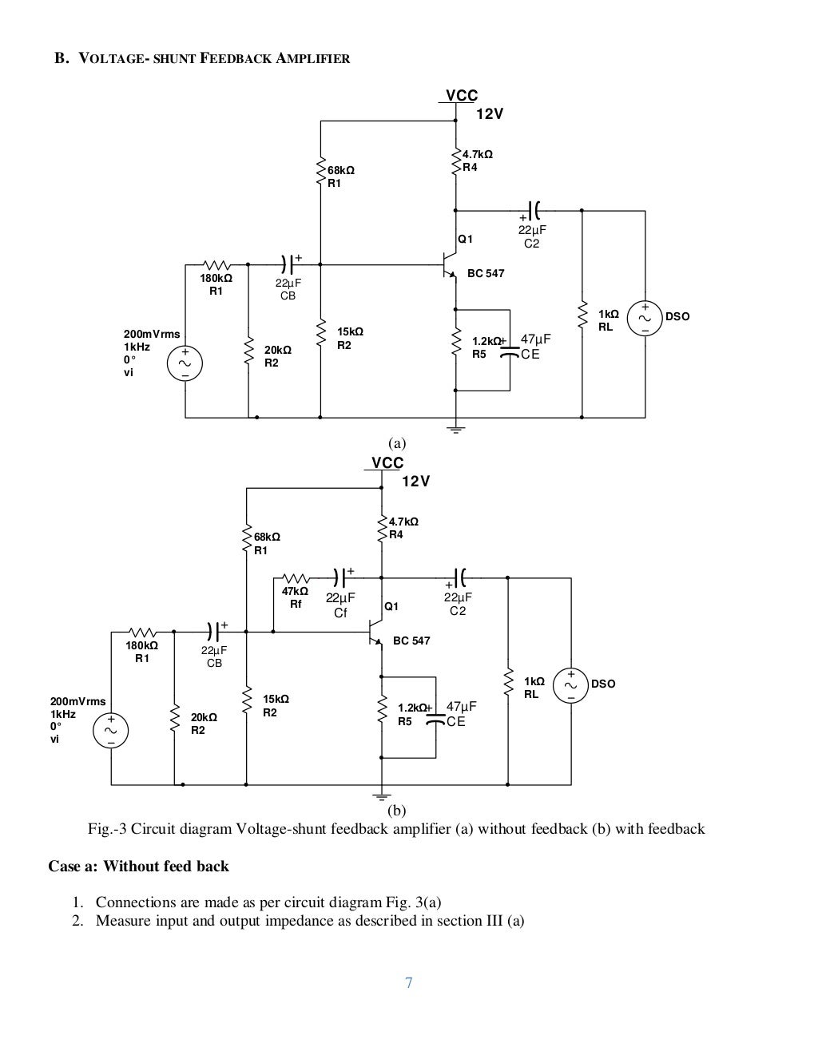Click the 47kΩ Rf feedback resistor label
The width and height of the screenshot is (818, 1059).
[295, 597]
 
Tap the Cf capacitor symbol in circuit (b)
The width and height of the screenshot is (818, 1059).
[341, 576]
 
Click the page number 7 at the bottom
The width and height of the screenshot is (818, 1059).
[408, 983]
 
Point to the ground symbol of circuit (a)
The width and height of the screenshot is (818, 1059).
[455, 430]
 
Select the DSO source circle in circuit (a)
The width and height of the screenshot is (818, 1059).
[645, 317]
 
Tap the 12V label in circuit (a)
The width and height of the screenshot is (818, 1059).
[490, 114]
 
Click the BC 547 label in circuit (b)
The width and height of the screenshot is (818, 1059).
[411, 641]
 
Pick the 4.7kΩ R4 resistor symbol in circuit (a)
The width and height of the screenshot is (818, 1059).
[455, 161]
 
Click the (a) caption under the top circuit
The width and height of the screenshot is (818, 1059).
[397, 443]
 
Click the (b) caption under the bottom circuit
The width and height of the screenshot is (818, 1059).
[396, 810]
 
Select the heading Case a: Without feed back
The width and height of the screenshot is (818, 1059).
[139, 866]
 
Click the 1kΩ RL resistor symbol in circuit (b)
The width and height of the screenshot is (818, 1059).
[507, 683]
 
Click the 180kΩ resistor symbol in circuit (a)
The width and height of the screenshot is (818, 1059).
[216, 264]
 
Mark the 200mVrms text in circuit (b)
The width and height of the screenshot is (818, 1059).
[77, 701]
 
